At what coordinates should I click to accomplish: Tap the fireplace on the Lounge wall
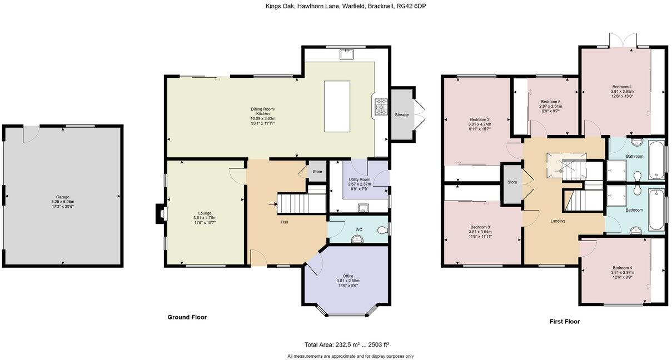coord(160,213)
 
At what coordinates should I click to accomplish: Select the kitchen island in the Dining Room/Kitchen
coord(337,106)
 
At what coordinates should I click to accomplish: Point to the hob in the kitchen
coord(382,107)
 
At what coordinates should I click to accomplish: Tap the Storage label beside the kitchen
coord(402,115)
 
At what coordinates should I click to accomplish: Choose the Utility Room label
coord(359,179)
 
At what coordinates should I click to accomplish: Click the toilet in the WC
coord(382,229)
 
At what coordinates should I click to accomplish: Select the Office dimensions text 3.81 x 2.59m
coord(348,281)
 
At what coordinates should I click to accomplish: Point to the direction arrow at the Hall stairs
coord(272,204)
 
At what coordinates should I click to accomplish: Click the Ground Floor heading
coord(187,317)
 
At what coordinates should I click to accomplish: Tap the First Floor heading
coord(565,321)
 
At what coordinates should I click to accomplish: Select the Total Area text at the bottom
coord(350,344)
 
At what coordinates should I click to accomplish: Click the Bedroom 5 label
coord(551,101)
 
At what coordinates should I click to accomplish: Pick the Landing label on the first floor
coord(557,221)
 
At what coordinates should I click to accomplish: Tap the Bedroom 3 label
coord(480,227)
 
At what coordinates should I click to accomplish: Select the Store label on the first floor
coord(512,182)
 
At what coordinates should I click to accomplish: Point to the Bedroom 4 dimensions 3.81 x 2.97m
coord(622,272)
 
